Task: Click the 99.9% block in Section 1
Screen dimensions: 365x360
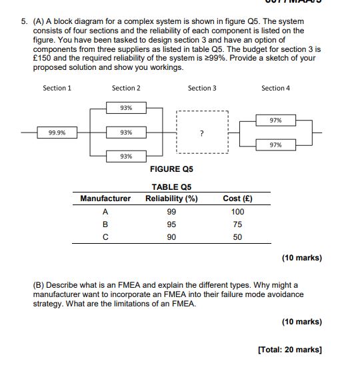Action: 57,133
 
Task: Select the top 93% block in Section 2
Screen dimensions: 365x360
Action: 126,108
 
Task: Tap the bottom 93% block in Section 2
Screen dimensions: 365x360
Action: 126,156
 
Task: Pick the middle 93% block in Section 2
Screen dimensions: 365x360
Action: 126,133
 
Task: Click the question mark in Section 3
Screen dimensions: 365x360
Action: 201,134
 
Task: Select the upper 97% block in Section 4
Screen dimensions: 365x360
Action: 275,121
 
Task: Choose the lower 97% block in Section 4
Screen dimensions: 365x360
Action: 275,145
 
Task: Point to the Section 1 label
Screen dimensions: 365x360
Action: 57,88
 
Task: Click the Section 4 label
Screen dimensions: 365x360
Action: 275,88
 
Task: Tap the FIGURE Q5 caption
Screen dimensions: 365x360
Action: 171,169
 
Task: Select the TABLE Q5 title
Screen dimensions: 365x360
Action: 171,187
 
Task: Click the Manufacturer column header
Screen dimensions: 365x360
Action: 105,198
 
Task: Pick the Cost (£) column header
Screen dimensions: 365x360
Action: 237,198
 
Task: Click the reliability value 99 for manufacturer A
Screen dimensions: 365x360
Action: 171,212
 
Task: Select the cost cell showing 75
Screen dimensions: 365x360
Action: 237,224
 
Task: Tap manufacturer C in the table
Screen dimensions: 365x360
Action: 105,237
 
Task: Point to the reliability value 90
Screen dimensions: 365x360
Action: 171,237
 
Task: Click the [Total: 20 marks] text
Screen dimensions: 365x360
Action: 289,350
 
